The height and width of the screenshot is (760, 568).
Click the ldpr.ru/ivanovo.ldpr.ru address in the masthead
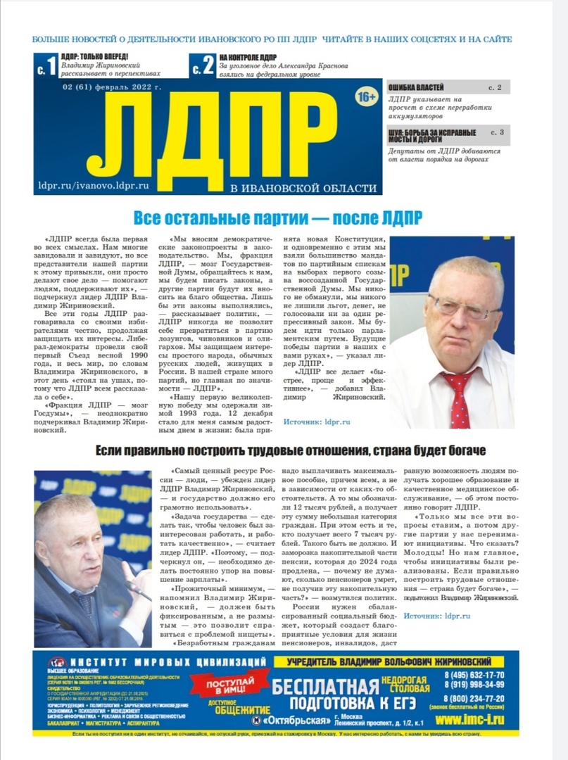(x=94, y=186)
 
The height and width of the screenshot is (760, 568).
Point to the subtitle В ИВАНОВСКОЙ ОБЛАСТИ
(x=303, y=188)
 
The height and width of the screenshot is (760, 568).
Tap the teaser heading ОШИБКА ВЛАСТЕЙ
(x=416, y=87)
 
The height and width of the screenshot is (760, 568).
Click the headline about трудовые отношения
(x=291, y=450)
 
